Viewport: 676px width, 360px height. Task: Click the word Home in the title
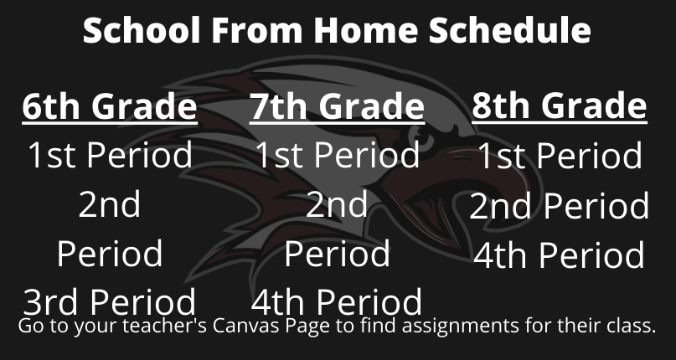click(x=365, y=30)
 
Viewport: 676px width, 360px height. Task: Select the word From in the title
click(x=257, y=30)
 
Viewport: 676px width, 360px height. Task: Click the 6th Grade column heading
click(x=110, y=106)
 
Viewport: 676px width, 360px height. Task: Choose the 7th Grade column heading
click(x=337, y=106)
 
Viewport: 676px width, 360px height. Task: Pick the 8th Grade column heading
click(x=560, y=106)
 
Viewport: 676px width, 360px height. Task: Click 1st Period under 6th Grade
click(x=110, y=155)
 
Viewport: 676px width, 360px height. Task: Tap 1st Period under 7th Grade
click(x=337, y=155)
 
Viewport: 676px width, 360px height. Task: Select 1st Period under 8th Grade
click(x=560, y=155)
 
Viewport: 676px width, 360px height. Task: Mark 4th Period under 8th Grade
click(x=560, y=255)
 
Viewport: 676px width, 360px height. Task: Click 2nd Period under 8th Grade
click(x=560, y=206)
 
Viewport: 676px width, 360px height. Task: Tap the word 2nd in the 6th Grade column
click(x=110, y=205)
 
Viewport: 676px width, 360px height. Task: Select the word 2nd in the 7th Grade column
click(x=337, y=205)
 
